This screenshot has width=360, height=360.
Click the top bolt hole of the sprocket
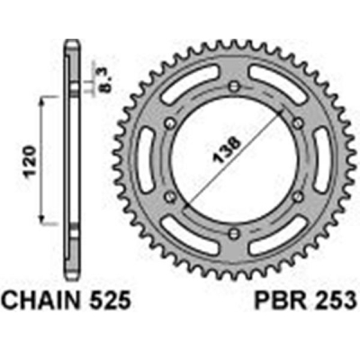pyautogui.click(x=231, y=85)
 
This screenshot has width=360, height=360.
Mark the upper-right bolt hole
pyautogui.click(x=296, y=122)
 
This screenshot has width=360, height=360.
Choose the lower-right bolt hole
pyautogui.click(x=296, y=196)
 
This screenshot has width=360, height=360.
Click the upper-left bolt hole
pyautogui.click(x=166, y=122)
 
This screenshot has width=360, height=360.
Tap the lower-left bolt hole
pyautogui.click(x=166, y=196)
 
